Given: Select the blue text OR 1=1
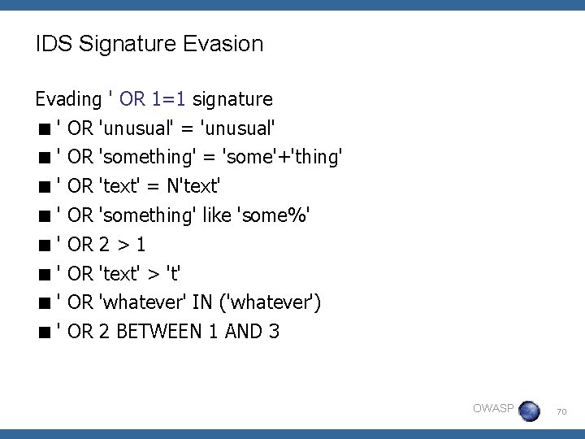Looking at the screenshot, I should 154,99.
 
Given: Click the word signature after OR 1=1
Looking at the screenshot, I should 232,99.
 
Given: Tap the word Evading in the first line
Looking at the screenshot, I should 67,99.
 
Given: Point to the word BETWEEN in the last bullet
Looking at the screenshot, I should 168,332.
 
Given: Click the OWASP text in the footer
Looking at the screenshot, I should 492,408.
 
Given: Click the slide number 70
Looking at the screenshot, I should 561,413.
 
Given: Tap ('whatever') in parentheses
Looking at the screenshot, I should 271,302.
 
